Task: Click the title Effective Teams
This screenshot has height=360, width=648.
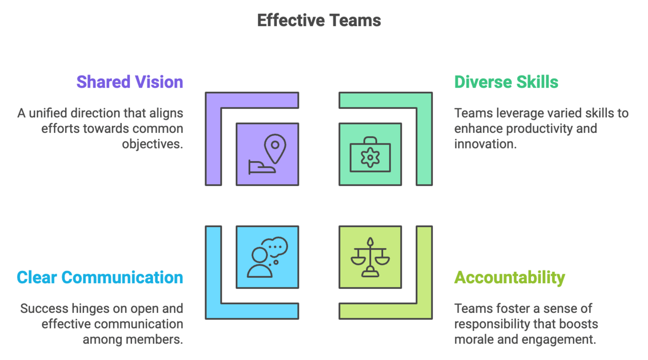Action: click(319, 21)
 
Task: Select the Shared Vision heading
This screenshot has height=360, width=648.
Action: click(129, 82)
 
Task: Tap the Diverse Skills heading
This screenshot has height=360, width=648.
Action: click(506, 82)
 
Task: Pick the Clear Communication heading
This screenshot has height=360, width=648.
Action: click(100, 277)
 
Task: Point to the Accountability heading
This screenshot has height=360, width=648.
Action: click(510, 277)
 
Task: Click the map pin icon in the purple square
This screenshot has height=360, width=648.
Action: click(267, 154)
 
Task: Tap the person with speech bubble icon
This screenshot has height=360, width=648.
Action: click(267, 257)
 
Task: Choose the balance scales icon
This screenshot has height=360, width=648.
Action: click(370, 257)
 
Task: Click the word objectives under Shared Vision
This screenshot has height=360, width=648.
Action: click(152, 144)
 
